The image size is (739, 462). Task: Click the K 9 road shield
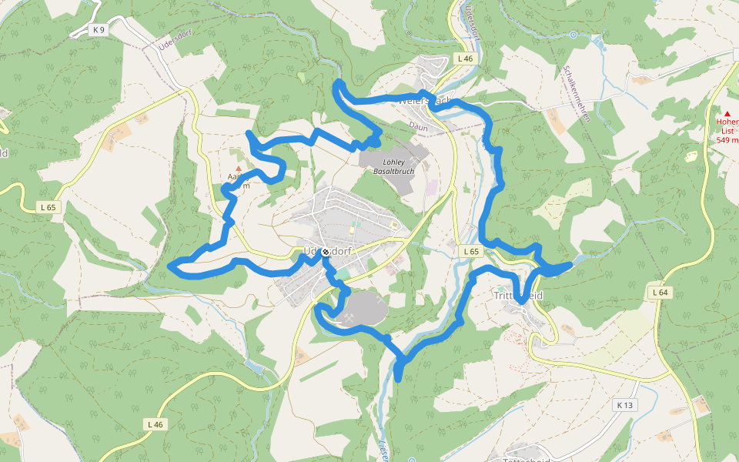point(98,30)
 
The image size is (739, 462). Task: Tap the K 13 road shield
point(624,405)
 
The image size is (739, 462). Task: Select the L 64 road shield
point(660,292)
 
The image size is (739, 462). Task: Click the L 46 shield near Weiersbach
point(464,59)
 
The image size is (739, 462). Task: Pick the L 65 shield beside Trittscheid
point(471,252)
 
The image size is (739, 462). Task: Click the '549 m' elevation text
point(727,140)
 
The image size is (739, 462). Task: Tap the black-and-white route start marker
point(326,252)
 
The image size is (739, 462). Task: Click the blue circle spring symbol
point(573,34)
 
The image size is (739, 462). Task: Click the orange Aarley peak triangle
point(239,168)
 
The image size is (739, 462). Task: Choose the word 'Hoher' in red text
point(727,122)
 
